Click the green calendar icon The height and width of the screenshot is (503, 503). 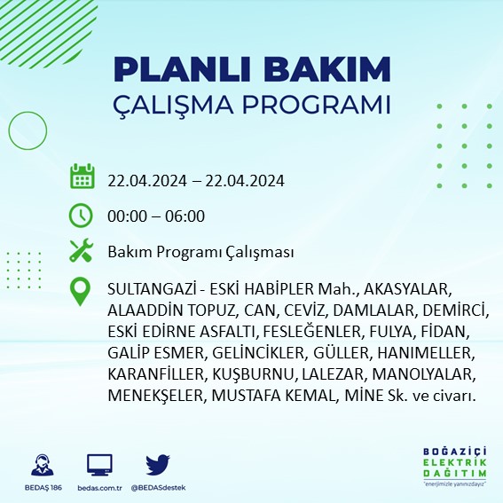tap(82, 177)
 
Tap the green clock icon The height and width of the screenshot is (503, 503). tap(81, 215)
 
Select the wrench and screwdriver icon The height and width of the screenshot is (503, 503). tap(82, 251)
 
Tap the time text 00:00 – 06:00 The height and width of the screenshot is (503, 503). tap(156, 216)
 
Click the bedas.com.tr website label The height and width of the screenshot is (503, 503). tap(99, 488)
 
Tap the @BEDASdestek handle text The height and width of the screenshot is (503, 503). tap(158, 488)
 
